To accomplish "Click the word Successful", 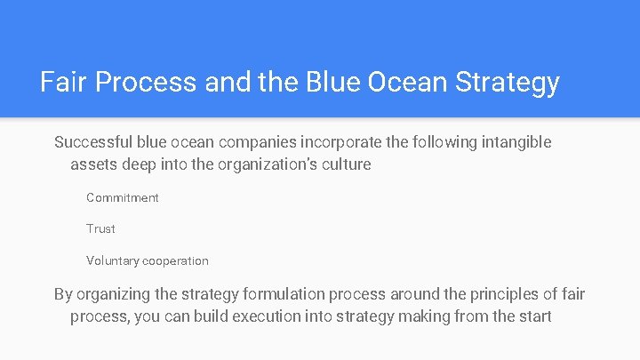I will click(x=92, y=142).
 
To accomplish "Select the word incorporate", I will click(x=343, y=142).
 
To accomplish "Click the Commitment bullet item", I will click(x=123, y=197).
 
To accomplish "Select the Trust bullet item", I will click(x=100, y=228).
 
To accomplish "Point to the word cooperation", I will click(x=176, y=260).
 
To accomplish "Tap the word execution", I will click(x=269, y=316).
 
